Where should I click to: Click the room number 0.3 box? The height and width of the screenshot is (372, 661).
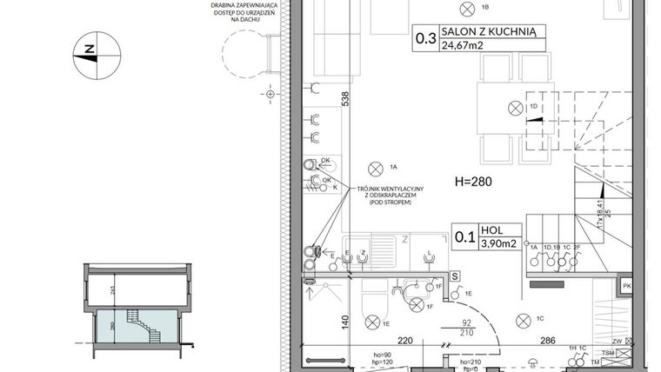pos(425,38)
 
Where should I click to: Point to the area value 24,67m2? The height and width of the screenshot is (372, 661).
pos(464,47)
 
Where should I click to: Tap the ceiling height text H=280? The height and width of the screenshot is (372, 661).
pos(474,183)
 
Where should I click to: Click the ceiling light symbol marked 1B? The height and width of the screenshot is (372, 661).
pos(471,8)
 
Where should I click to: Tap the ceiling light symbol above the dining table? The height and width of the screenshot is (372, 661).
pos(515,108)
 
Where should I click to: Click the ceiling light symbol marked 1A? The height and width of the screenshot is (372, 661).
pos(376,166)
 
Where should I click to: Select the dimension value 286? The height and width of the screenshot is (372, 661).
pos(545,342)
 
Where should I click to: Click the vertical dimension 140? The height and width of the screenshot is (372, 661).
pos(344,320)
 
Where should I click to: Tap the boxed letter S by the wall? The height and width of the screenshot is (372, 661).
pos(455,276)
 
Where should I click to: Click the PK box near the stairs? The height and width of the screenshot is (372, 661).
pos(624,286)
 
